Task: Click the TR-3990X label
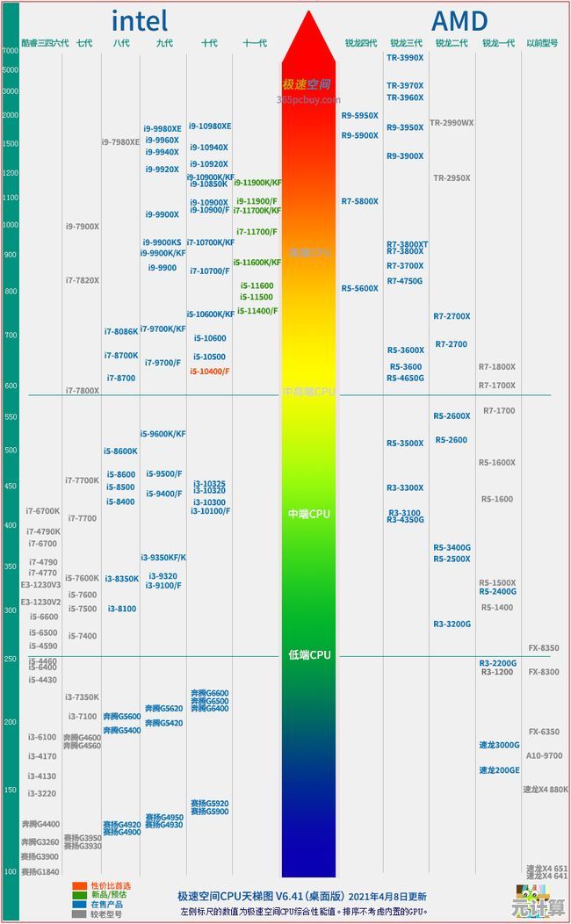point(405,58)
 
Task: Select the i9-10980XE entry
point(209,126)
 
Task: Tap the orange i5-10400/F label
point(210,372)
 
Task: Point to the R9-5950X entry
point(360,116)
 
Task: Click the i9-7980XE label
point(120,142)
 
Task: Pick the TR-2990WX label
point(452,123)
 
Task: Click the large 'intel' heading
point(139,20)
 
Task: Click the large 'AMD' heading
point(459,20)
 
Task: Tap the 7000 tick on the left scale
point(10,51)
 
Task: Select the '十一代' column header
point(255,42)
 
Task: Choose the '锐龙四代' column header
point(360,42)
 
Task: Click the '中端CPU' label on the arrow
point(309,514)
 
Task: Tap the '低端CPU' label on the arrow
point(309,655)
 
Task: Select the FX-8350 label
point(544,648)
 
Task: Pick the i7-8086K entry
point(121,332)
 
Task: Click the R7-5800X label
point(360,202)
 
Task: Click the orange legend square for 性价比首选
point(79,885)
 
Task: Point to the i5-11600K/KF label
point(257,263)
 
